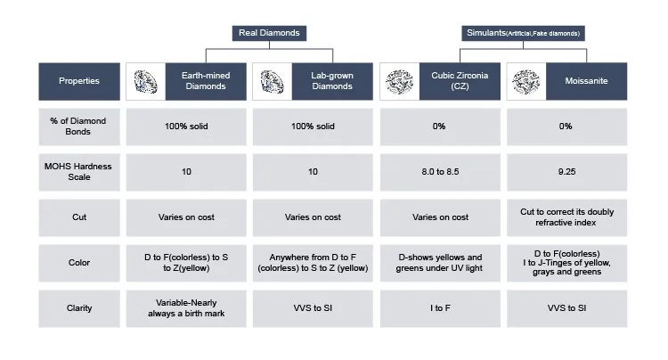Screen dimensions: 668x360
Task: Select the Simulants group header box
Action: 523,33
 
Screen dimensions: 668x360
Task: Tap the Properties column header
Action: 79,81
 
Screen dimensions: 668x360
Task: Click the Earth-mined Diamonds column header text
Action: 206,81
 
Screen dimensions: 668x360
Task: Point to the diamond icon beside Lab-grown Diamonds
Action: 273,82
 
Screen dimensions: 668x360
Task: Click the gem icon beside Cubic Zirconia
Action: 399,82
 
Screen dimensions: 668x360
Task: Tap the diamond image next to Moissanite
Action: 525,82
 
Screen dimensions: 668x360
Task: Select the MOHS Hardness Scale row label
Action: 79,172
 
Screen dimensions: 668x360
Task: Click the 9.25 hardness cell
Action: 566,172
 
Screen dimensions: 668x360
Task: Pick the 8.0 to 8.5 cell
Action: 439,172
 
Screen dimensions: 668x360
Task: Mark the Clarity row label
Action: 79,308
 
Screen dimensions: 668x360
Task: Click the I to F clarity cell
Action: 439,308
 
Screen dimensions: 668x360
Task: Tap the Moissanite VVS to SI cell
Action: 566,308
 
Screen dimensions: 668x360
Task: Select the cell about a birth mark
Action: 186,308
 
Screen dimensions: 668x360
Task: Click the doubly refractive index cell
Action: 566,217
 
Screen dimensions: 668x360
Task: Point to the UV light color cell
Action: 439,263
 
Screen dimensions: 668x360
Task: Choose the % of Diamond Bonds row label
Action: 79,127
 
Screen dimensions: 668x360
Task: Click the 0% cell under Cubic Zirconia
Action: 439,127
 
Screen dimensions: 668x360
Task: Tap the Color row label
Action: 79,263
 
